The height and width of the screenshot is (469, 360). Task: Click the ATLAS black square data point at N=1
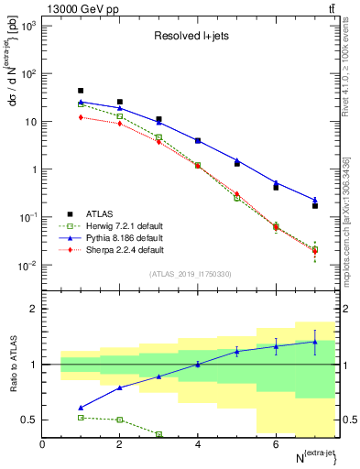coord(81,91)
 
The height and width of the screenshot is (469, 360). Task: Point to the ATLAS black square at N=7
coord(314,206)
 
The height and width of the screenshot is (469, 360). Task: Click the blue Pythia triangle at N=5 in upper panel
coord(236,160)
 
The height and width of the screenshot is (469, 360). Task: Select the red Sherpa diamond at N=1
coord(81,117)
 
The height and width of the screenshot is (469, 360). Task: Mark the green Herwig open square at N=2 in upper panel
coord(120,116)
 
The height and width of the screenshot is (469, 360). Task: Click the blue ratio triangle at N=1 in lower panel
coord(81,408)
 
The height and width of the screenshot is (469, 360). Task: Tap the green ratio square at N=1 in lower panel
coord(81,417)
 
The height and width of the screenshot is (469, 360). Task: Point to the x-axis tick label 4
coord(198,444)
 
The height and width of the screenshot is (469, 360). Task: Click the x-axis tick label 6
coord(276,444)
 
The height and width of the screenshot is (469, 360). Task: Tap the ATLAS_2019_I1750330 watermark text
coord(191,273)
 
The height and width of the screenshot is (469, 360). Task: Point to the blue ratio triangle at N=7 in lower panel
coord(314,342)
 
